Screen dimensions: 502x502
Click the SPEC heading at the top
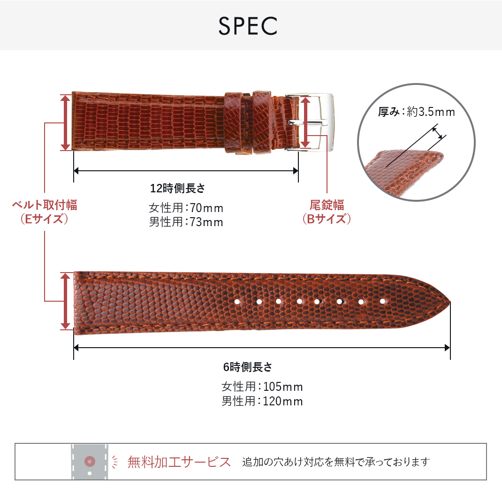tap(248, 26)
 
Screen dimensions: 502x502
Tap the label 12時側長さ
tap(178, 188)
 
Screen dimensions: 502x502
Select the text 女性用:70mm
tap(186, 208)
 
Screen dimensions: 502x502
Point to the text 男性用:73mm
tap(186, 222)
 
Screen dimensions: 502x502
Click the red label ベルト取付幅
tap(45, 205)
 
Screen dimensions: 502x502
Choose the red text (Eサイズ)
tap(45, 219)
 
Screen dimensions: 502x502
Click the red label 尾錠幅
tap(327, 205)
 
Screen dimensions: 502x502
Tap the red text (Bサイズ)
tap(327, 219)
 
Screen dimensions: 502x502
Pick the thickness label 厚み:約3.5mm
tap(417, 112)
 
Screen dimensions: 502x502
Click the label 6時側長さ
tap(247, 367)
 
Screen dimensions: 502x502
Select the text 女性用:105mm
tap(262, 387)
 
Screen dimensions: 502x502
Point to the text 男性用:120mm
tap(262, 401)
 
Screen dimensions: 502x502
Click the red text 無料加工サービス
tap(179, 462)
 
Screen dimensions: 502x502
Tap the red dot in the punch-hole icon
tap(90, 461)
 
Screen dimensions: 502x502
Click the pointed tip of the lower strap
tap(450, 302)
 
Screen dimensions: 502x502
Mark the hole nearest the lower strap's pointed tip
tap(382, 301)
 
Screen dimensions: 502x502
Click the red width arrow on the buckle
tap(305, 122)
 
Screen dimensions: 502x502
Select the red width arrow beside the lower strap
tap(65, 301)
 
